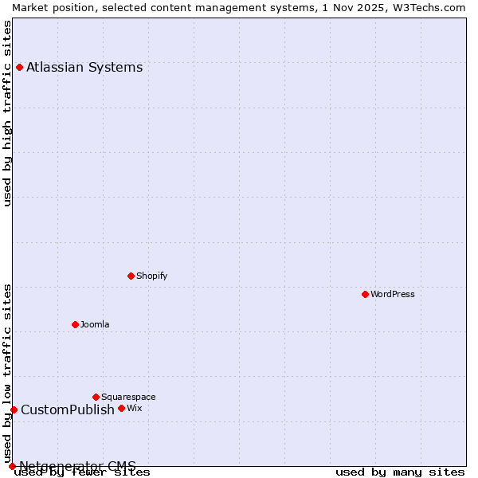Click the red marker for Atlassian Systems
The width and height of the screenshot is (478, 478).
[19, 67]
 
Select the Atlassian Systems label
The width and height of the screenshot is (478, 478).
[84, 67]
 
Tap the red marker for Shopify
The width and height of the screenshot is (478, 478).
[131, 276]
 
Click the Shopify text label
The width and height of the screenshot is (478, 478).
[151, 276]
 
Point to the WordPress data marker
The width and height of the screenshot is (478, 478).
[366, 294]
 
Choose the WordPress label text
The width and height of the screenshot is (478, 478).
[392, 294]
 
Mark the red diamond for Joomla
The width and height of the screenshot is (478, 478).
[76, 324]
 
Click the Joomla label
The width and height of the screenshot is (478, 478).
[95, 324]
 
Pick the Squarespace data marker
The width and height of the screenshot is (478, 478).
[96, 397]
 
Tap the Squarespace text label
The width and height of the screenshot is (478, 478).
[128, 397]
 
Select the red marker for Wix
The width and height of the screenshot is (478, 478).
[122, 408]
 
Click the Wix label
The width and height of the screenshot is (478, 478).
[134, 408]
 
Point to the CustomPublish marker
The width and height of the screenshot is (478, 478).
[14, 409]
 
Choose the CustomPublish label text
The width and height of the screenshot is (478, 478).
[68, 409]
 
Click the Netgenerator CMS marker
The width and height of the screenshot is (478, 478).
[12, 466]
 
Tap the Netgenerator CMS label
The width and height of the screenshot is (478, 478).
[77, 465]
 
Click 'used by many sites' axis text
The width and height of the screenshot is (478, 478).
[400, 472]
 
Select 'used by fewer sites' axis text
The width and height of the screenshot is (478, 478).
[82, 472]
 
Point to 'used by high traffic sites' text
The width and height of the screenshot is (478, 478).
[7, 113]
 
